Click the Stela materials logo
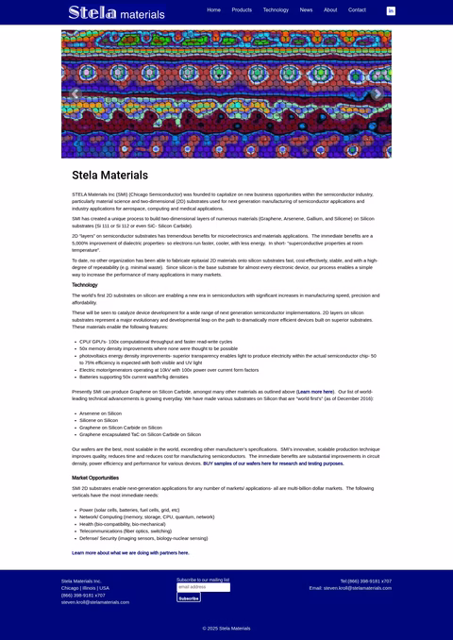[x=116, y=13]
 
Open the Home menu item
[x=213, y=9]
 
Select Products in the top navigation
[x=242, y=9]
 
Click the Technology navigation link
[x=276, y=9]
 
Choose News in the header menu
[x=306, y=9]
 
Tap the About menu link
[x=330, y=9]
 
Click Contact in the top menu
[x=357, y=9]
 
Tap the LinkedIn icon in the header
[x=391, y=10]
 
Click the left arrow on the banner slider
[x=75, y=93]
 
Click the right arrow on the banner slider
[x=377, y=93]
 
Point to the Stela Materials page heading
[x=109, y=176]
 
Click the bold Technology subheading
[x=84, y=284]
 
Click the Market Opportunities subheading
[x=94, y=478]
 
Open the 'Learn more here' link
[x=315, y=391]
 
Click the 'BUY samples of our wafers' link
[x=273, y=463]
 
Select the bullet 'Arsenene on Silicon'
[x=100, y=413]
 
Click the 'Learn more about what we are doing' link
[x=130, y=552]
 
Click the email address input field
[x=203, y=587]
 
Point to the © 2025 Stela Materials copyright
[x=226, y=628]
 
